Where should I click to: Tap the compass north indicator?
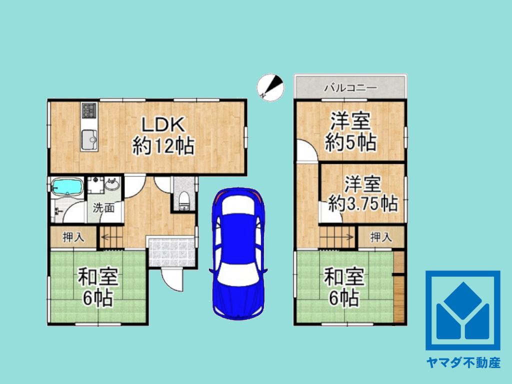(x=270, y=87)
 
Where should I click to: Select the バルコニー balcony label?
(x=350, y=88)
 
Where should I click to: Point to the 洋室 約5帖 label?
(x=350, y=132)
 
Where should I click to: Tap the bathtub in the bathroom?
(x=67, y=188)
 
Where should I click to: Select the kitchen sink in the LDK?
(x=89, y=139)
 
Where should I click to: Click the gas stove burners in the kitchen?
(x=89, y=110)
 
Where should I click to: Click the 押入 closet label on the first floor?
(x=73, y=237)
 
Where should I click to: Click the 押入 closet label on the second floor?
(x=381, y=237)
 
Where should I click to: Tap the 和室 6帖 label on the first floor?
(x=97, y=287)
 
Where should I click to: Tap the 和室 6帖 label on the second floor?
(x=343, y=287)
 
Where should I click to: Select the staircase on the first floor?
(x=111, y=237)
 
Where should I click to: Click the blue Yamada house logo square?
(x=462, y=310)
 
